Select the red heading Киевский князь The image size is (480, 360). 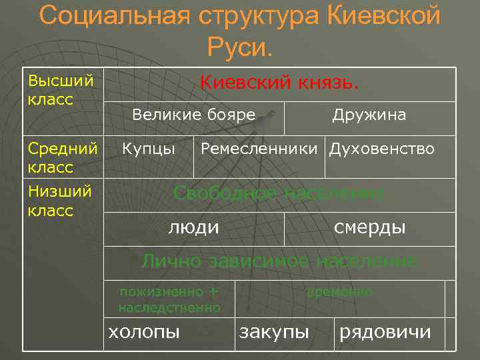pos(280,83)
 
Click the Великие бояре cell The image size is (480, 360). pos(193,115)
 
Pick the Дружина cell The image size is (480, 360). pos(369,115)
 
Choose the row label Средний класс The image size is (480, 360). pos(63,157)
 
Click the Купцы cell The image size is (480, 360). pos(149,148)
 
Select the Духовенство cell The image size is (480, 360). pos(382,148)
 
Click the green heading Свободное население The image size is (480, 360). pos(279,193)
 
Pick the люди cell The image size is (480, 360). pos(193,227)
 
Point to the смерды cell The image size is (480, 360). pos(369,227)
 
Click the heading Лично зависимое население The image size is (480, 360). pos(279,261)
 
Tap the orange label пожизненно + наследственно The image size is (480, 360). pos(169,299)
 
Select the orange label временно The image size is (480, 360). pos(339,292)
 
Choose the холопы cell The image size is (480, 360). pos(144,331)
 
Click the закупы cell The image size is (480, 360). pos(274,331)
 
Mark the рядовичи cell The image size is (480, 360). pos(385,331)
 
